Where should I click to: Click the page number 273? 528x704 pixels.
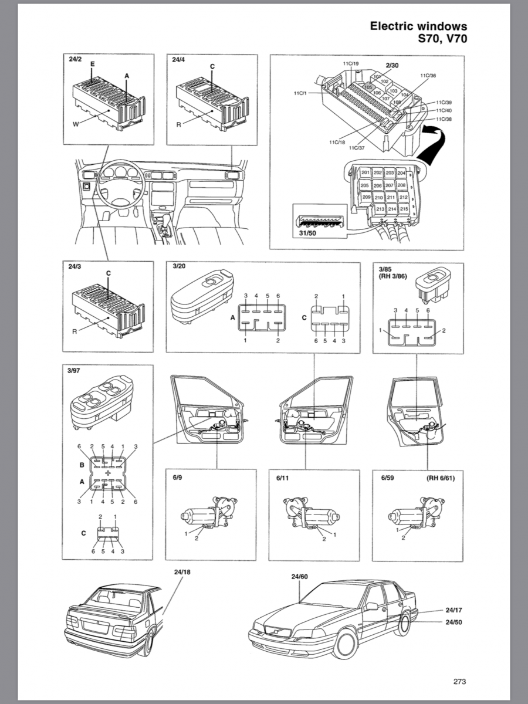pyautogui.click(x=459, y=681)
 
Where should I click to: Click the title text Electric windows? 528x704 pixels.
pyautogui.click(x=418, y=26)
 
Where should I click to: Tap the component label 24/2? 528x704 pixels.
pyautogui.click(x=75, y=59)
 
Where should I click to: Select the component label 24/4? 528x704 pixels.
pyautogui.click(x=179, y=59)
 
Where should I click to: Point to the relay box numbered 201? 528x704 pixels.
pyautogui.click(x=365, y=173)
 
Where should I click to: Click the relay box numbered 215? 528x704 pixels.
pyautogui.click(x=404, y=209)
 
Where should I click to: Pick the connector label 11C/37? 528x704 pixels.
pyautogui.click(x=356, y=148)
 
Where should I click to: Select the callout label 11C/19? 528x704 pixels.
pyautogui.click(x=351, y=63)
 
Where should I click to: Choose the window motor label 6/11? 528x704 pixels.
pyautogui.click(x=283, y=478)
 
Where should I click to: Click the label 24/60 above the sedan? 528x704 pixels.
pyautogui.click(x=299, y=577)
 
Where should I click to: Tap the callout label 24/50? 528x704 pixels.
pyautogui.click(x=453, y=621)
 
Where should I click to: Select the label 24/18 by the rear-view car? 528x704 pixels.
pyautogui.click(x=182, y=572)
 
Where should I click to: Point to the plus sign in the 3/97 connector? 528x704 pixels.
pyautogui.click(x=107, y=472)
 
